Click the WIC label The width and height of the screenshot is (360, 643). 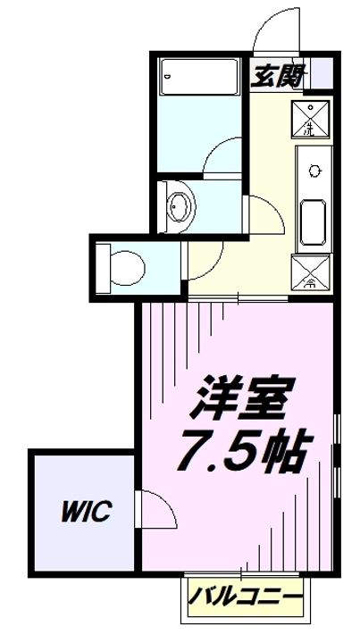[85, 512]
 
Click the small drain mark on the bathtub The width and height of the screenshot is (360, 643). [167, 80]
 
